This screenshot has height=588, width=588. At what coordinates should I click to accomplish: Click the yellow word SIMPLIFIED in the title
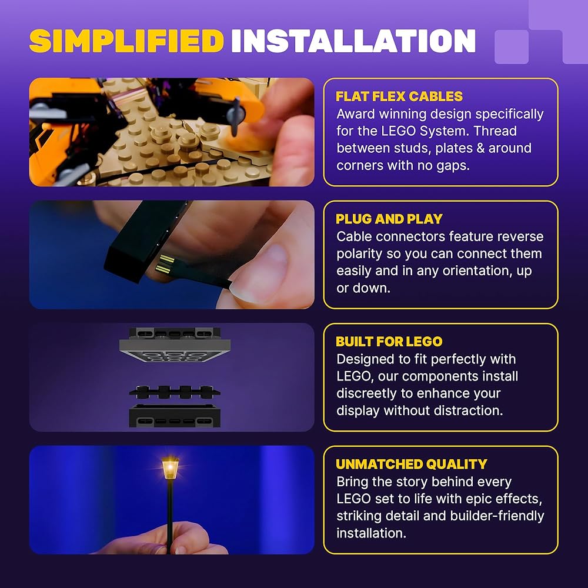(127, 41)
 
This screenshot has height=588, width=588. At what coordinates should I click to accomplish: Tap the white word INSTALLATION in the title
(353, 41)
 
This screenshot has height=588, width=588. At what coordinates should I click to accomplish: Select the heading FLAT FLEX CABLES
(399, 96)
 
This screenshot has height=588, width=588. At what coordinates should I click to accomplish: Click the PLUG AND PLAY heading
(389, 219)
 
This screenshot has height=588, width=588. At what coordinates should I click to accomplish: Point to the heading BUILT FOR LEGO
(389, 342)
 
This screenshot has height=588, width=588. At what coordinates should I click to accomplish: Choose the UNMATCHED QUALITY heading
(412, 465)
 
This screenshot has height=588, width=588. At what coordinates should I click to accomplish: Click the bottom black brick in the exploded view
(175, 416)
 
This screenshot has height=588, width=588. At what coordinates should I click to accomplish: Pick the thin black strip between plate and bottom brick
(175, 392)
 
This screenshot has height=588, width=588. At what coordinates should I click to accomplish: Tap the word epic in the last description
(480, 500)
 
